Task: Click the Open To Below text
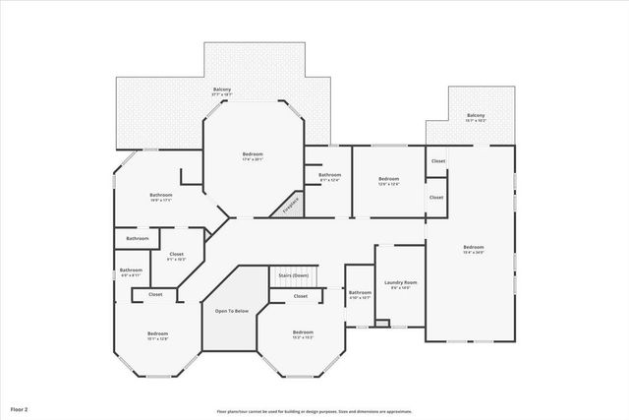coord(232,311)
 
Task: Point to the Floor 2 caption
coord(21,407)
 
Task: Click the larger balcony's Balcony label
coord(223,90)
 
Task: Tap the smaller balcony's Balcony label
coord(476,115)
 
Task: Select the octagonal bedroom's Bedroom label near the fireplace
coord(253,153)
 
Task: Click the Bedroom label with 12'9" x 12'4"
coord(388,178)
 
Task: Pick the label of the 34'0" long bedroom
coord(474,247)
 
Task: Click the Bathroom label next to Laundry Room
coord(360,292)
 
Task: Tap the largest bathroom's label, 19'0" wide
coord(160,195)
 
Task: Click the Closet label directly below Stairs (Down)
coord(301,295)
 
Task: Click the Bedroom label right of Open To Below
coord(302,332)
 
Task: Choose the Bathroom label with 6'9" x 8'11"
coord(131,270)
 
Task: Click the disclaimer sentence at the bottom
coord(314,411)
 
